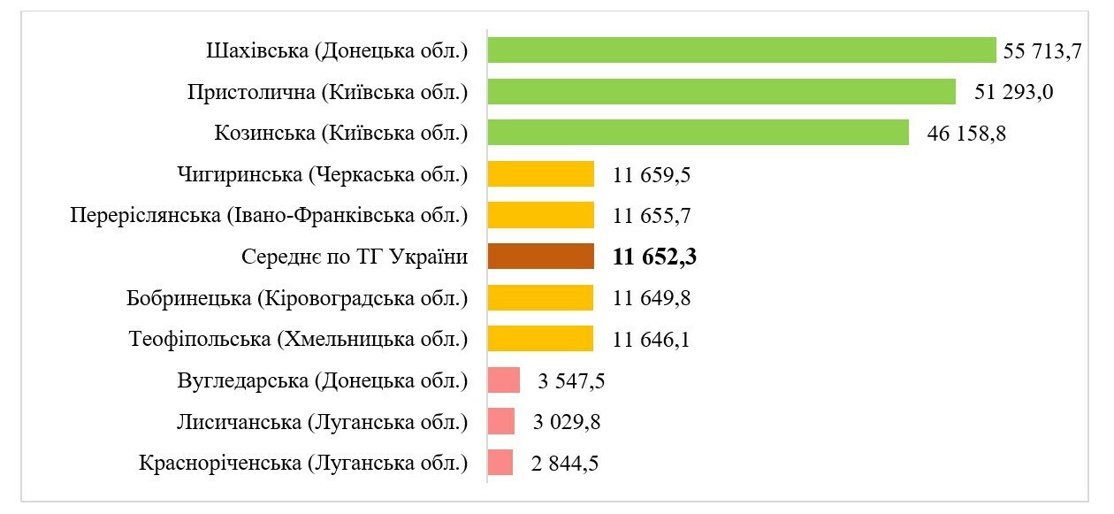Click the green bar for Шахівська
click(741, 50)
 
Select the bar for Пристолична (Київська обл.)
click(721, 92)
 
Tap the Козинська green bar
click(698, 133)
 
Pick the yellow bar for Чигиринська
click(540, 174)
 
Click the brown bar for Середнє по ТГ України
click(540, 257)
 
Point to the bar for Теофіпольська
click(540, 339)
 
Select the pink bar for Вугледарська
click(504, 380)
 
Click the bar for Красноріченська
click(500, 463)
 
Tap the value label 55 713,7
click(1042, 51)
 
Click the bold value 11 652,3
click(656, 257)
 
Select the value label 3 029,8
click(567, 422)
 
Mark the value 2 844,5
click(565, 463)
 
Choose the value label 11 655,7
click(652, 216)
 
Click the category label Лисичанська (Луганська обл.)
click(322, 422)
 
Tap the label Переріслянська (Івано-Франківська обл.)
click(269, 216)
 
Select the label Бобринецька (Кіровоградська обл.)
click(297, 298)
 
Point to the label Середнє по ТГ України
click(354, 257)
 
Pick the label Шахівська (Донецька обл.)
click(337, 51)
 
